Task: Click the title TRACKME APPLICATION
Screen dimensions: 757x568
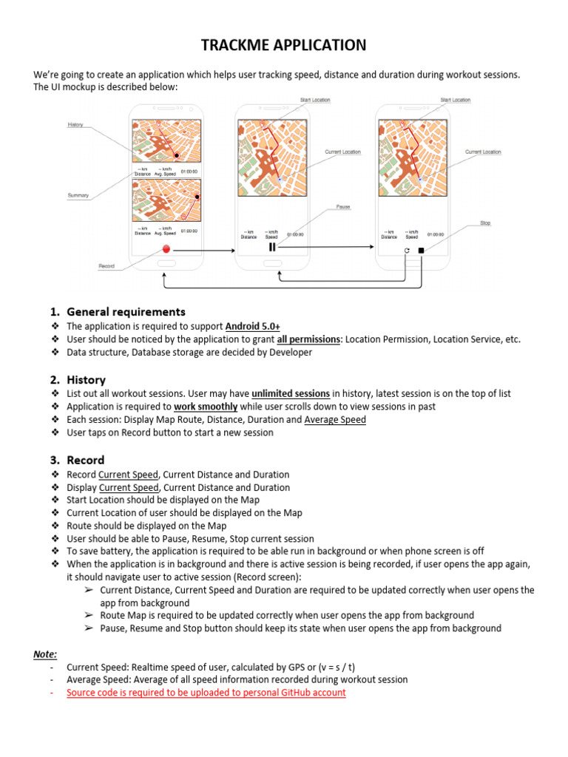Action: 284,46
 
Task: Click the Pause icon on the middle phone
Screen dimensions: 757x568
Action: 272,247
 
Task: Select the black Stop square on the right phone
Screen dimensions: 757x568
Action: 421,251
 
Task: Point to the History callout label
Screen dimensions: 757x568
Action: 75,125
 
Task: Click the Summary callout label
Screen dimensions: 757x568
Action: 78,196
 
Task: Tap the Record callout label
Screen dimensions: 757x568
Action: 106,265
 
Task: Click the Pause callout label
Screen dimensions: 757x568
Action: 343,207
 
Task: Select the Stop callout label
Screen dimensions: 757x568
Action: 485,223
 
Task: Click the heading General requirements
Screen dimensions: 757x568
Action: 126,312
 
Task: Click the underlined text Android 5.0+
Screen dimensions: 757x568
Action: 253,326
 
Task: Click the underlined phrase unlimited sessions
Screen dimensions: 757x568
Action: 291,394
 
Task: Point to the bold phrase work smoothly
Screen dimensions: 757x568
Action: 206,407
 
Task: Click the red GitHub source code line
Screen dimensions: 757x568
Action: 206,693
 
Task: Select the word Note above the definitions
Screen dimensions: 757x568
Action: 45,654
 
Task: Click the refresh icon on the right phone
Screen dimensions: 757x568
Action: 406,251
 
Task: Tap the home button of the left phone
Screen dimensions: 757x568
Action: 167,264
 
